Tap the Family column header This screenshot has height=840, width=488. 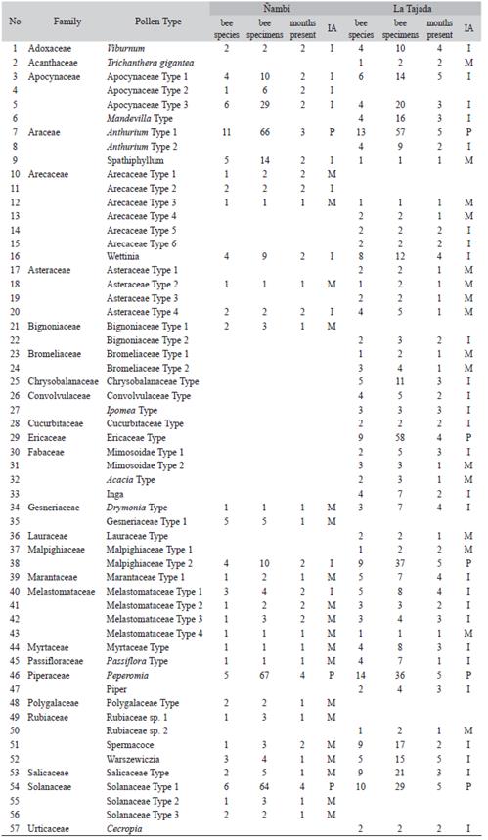(67, 21)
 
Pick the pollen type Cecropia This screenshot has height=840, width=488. (125, 829)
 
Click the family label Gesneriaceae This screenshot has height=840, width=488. (54, 508)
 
